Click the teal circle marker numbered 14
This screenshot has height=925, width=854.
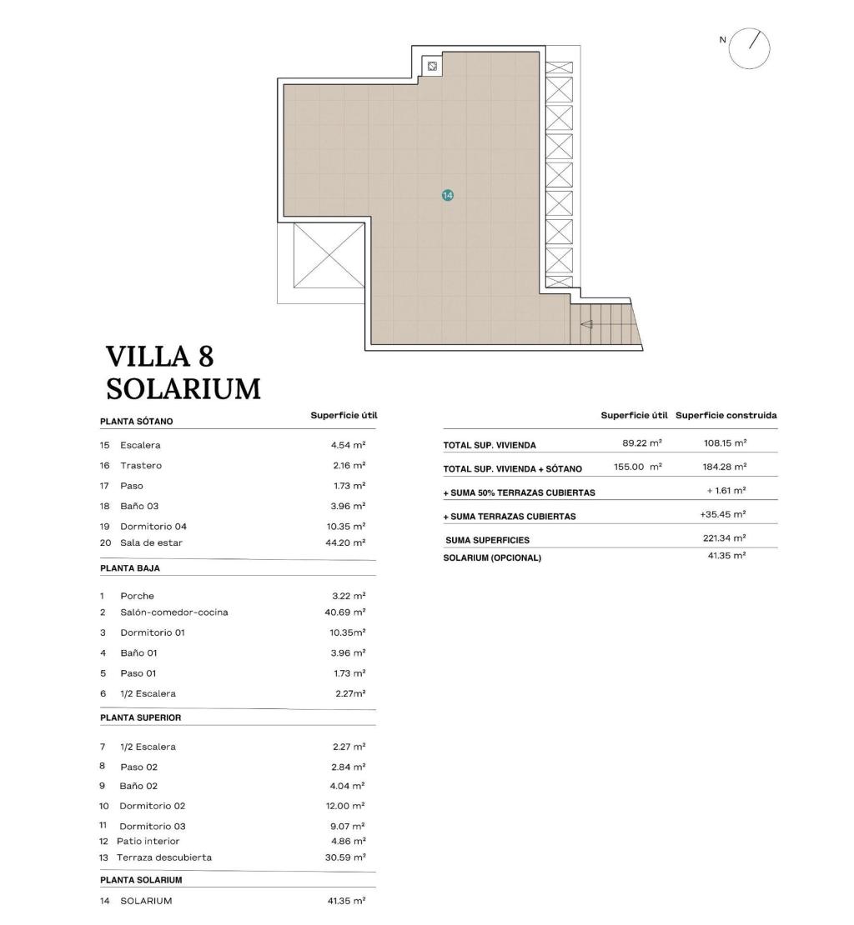point(448,195)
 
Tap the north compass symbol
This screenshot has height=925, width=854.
point(749,48)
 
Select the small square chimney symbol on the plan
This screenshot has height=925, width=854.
point(432,65)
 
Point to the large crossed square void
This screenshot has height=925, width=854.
point(329,255)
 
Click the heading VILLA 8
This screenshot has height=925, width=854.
point(160,357)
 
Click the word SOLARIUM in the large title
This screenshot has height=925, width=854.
point(183,389)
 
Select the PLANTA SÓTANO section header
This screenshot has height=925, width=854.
point(136,422)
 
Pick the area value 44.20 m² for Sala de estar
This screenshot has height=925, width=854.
point(348,542)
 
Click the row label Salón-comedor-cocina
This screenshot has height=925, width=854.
point(173,612)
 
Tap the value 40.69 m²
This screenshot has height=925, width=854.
point(348,612)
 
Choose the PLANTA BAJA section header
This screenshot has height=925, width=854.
point(129,568)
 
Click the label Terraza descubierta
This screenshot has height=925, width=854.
point(163,857)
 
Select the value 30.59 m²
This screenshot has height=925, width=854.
point(348,857)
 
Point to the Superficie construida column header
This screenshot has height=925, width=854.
point(726,415)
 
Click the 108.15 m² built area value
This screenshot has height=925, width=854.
point(725,443)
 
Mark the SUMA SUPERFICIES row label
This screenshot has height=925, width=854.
point(487,540)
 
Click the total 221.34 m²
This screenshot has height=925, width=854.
point(724,538)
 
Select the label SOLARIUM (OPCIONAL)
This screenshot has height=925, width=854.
point(491,557)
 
